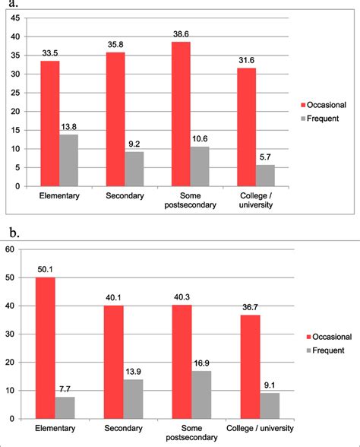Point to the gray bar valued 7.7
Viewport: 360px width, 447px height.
[65, 407]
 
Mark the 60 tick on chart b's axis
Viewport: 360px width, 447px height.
[9, 249]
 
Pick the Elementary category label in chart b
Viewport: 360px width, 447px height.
[55, 431]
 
